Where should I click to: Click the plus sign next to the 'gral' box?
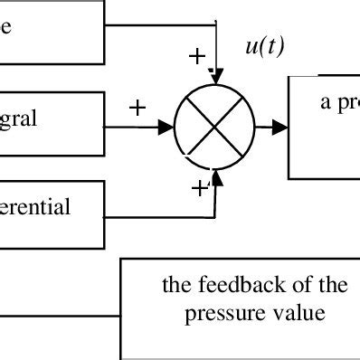(137, 108)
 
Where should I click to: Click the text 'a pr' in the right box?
(339, 102)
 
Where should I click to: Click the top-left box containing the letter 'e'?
(50, 28)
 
